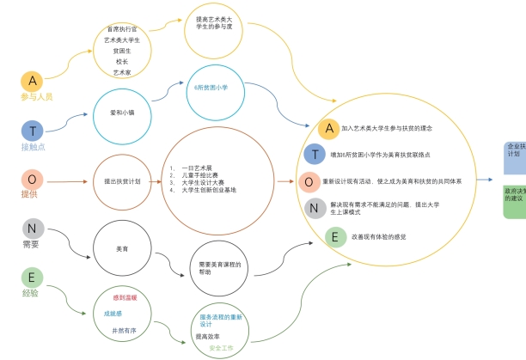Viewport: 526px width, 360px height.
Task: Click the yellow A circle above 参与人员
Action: point(33,81)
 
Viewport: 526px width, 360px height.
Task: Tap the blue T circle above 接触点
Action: point(32,131)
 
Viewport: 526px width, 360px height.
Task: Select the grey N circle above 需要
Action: point(33,229)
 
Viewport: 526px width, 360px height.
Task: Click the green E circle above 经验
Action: point(32,277)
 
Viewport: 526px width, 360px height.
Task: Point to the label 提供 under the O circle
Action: point(30,194)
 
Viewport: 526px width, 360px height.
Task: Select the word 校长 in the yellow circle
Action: point(121,62)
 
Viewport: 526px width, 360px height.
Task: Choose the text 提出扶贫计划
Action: point(122,181)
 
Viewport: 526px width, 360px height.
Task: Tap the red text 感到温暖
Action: point(125,297)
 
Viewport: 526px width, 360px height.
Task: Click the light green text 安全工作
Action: point(221,348)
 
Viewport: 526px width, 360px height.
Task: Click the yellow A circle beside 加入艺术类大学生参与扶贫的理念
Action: point(327,129)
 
